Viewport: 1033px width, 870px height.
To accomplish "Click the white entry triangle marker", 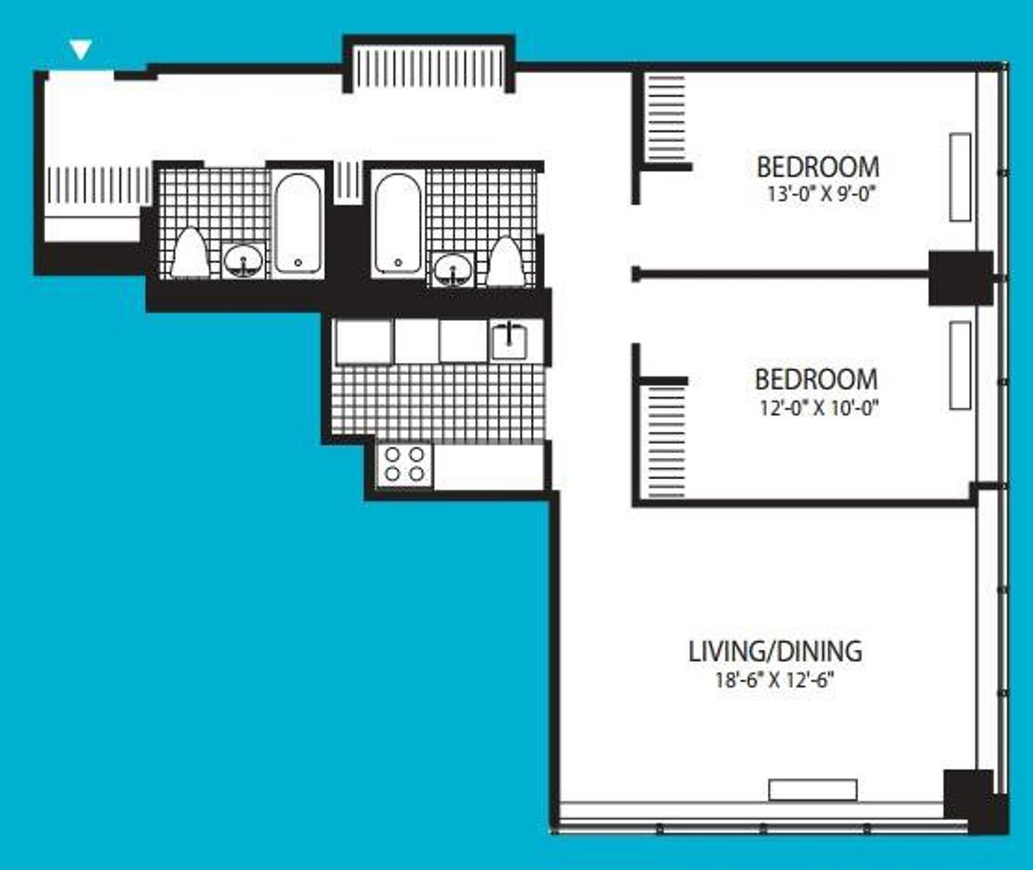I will [80, 50].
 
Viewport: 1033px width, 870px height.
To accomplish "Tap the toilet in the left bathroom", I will [189, 254].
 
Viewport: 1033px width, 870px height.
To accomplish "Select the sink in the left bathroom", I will [244, 261].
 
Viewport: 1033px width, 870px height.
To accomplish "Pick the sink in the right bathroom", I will [452, 268].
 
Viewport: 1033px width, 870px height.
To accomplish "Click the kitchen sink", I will [510, 340].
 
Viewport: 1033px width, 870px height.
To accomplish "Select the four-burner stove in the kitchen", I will [405, 465].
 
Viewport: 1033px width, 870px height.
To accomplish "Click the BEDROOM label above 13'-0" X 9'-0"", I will [817, 166].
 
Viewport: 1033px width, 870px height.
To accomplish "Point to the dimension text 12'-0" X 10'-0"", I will [817, 408].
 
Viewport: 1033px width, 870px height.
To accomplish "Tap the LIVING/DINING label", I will [775, 651].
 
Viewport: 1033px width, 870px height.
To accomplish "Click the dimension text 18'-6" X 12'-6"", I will [775, 680].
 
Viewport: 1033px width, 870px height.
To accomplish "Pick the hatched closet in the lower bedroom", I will [665, 441].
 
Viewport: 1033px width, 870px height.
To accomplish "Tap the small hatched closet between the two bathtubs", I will [348, 181].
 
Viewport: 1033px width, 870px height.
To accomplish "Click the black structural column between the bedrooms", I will [960, 277].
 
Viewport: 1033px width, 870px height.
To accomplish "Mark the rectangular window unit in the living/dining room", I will [813, 790].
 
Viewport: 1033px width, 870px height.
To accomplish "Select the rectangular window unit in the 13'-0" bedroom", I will [960, 177].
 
